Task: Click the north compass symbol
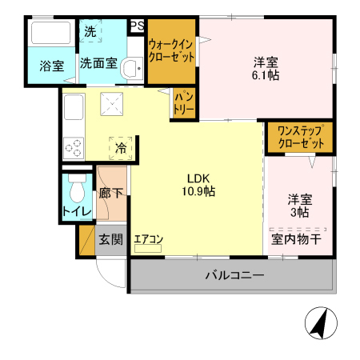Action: (x=318, y=323)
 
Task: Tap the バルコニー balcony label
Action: (x=234, y=275)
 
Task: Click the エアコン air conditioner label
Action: (x=149, y=238)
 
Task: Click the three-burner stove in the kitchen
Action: (x=74, y=147)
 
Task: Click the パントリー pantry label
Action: (x=183, y=102)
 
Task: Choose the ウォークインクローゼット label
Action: (x=171, y=51)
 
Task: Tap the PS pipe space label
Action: (x=137, y=26)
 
